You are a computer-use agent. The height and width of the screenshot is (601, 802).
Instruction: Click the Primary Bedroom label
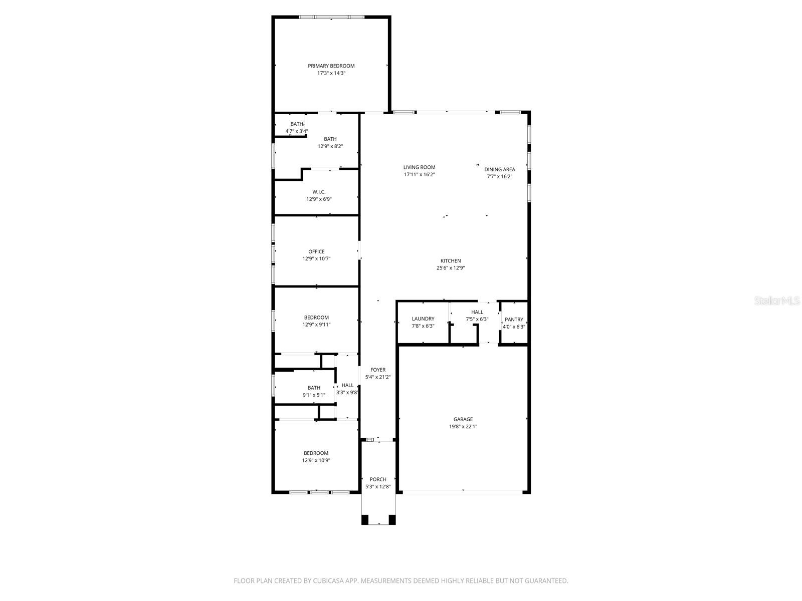click(x=331, y=66)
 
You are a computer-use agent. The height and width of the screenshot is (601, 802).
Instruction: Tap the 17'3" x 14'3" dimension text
click(x=331, y=73)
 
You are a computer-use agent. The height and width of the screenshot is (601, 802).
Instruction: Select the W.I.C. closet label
click(x=319, y=192)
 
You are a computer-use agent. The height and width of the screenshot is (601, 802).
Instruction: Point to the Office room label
click(x=316, y=251)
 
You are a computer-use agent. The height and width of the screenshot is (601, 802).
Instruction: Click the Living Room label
click(x=419, y=167)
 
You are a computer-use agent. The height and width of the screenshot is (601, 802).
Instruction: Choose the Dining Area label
click(x=499, y=169)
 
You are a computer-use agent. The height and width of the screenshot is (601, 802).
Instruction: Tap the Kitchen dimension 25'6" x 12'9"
click(x=450, y=268)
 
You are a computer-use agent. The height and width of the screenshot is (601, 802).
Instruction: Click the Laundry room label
click(x=423, y=319)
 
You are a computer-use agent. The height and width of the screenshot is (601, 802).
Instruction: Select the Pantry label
click(x=514, y=320)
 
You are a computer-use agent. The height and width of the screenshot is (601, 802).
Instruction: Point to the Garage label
click(x=463, y=419)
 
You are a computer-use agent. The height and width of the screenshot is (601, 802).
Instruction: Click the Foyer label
click(x=378, y=370)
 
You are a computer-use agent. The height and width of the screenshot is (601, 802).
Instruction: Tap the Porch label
click(x=378, y=479)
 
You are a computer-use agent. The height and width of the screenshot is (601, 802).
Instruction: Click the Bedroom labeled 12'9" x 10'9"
click(x=316, y=453)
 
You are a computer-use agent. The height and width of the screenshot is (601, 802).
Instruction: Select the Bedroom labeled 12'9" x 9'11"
click(x=316, y=318)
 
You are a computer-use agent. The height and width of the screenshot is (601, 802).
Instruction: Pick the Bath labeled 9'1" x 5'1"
click(x=314, y=388)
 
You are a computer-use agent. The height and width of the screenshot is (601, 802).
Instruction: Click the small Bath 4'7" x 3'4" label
click(x=297, y=124)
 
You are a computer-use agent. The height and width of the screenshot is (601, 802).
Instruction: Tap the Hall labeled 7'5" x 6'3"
click(x=477, y=312)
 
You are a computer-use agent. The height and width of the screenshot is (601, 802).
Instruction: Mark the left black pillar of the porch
click(x=365, y=519)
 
